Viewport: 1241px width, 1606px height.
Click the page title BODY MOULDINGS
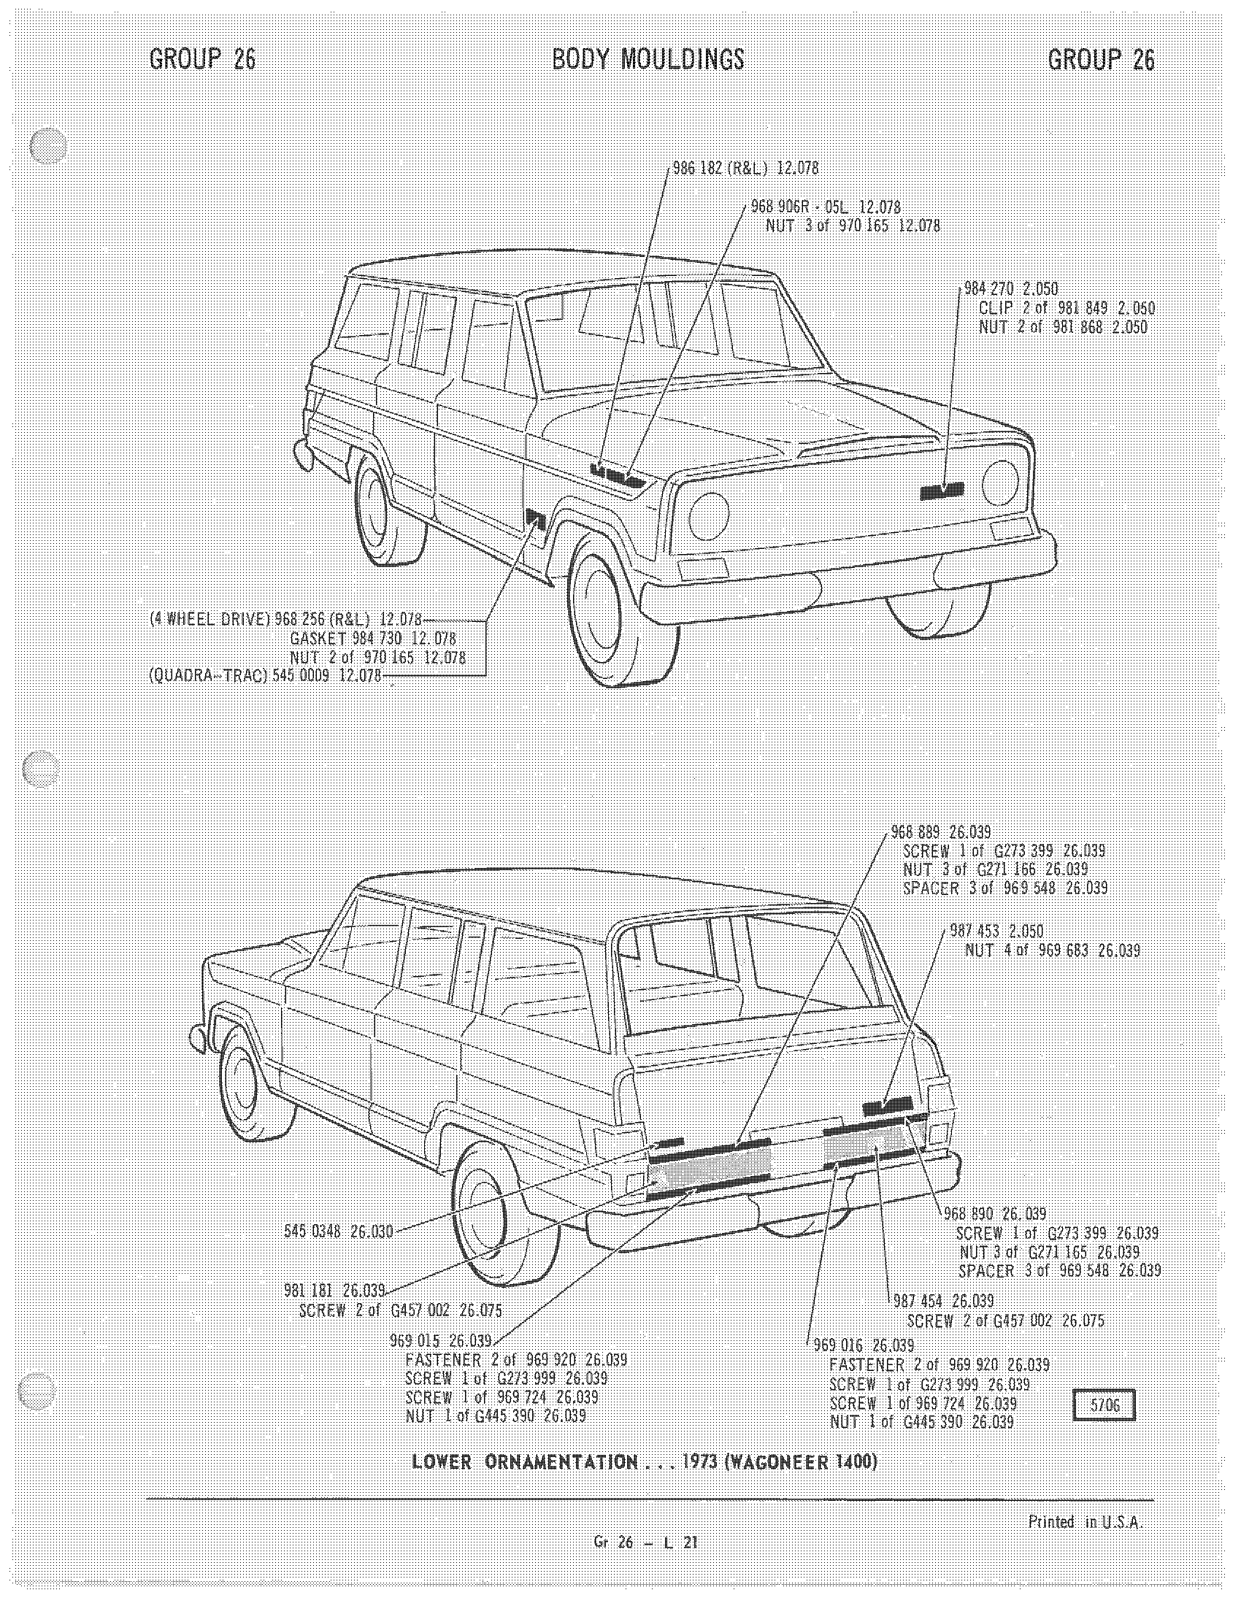tap(648, 60)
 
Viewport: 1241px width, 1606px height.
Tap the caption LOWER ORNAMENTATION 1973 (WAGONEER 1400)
tap(645, 1462)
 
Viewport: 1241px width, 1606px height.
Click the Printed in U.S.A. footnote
tap(1085, 1523)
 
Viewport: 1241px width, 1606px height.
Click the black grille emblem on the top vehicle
tap(942, 491)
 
